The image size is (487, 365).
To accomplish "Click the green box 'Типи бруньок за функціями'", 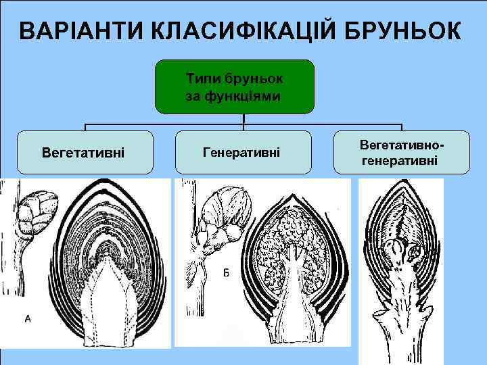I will click(235, 87).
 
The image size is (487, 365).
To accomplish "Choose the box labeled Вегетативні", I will click(83, 153).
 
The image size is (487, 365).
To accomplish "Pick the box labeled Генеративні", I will click(243, 153).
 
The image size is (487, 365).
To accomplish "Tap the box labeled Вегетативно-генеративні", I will click(402, 153).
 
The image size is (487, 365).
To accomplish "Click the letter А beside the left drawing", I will click(28, 318).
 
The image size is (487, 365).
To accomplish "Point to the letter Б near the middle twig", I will click(225, 272).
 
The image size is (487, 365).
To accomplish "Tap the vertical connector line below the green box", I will click(243, 121).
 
